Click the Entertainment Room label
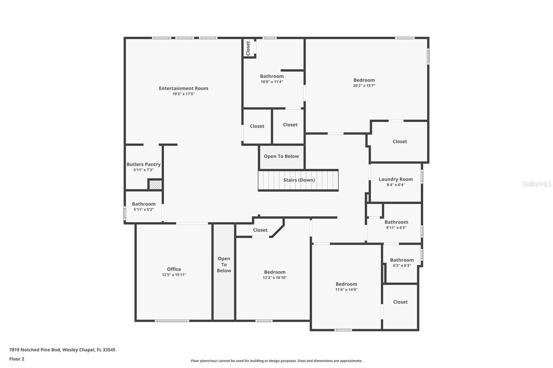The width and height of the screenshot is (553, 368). (x=183, y=88)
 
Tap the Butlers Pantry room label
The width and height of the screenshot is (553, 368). (x=143, y=164)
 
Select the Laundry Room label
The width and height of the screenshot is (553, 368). (x=396, y=179)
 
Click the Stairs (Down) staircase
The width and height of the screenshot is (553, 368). (x=298, y=180)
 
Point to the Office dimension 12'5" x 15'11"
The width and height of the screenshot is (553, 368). (x=174, y=275)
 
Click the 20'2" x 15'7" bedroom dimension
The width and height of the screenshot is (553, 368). (x=364, y=86)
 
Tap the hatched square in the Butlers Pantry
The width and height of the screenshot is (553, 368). (x=156, y=185)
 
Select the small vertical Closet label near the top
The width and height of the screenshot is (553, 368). (x=248, y=48)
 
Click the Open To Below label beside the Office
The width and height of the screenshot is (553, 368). (x=224, y=264)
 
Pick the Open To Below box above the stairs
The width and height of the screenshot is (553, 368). (x=281, y=156)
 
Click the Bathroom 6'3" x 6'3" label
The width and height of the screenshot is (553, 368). (x=402, y=260)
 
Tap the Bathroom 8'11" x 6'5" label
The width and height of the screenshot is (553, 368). (x=396, y=222)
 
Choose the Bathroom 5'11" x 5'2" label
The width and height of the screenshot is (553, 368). (x=143, y=204)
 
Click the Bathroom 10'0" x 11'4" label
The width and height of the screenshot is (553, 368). (x=272, y=76)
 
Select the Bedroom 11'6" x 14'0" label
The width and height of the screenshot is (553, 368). (x=346, y=284)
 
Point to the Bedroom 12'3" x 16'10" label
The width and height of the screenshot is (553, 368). (x=274, y=272)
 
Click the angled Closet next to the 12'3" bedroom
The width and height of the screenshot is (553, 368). (x=260, y=230)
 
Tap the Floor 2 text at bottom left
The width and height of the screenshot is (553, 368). (x=17, y=359)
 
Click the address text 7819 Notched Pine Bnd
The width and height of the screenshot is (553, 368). (x=62, y=350)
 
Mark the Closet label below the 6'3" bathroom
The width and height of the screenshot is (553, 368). (x=400, y=302)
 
